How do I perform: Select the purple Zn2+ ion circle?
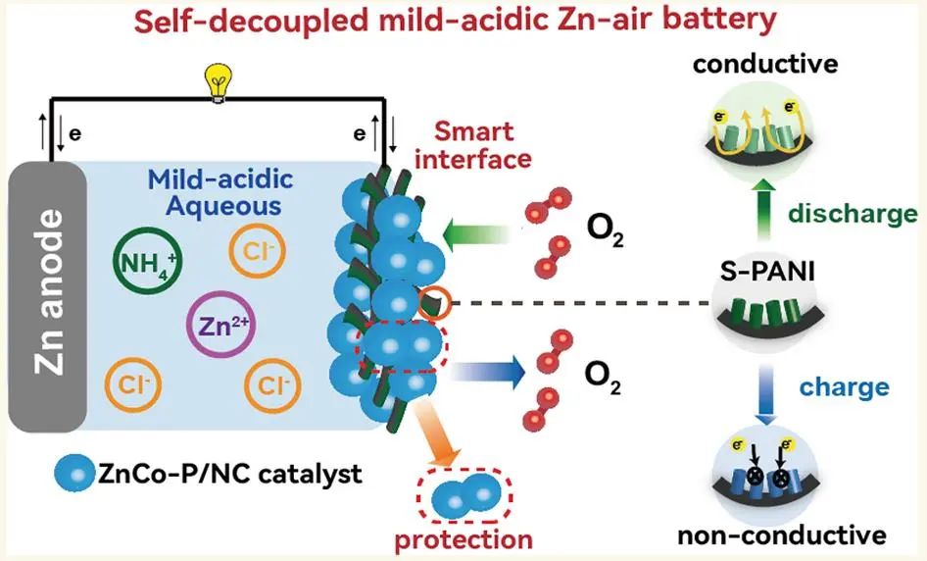[x=220, y=326]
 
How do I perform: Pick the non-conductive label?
[x=781, y=536]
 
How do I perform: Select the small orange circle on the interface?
[x=433, y=302]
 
